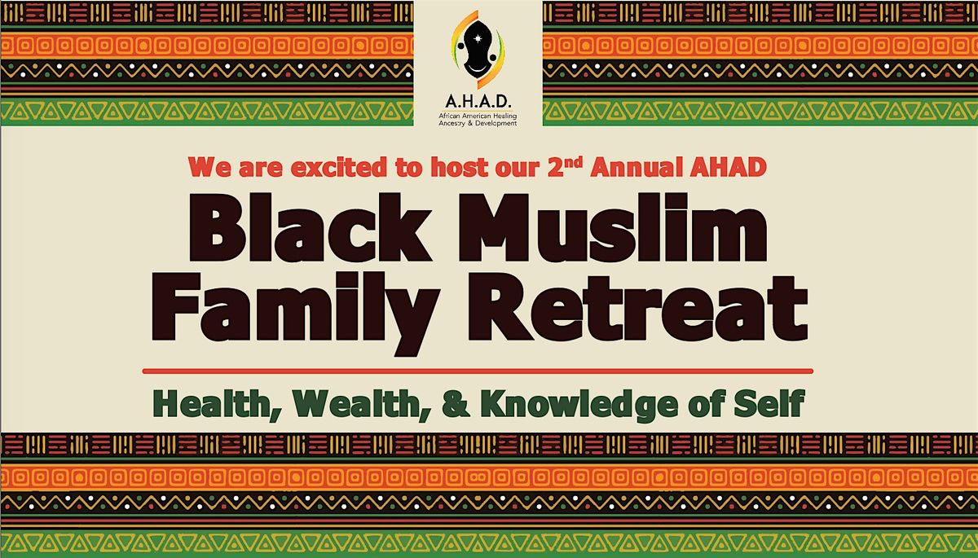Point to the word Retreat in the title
pos(632,310)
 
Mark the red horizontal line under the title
pos(478,371)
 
